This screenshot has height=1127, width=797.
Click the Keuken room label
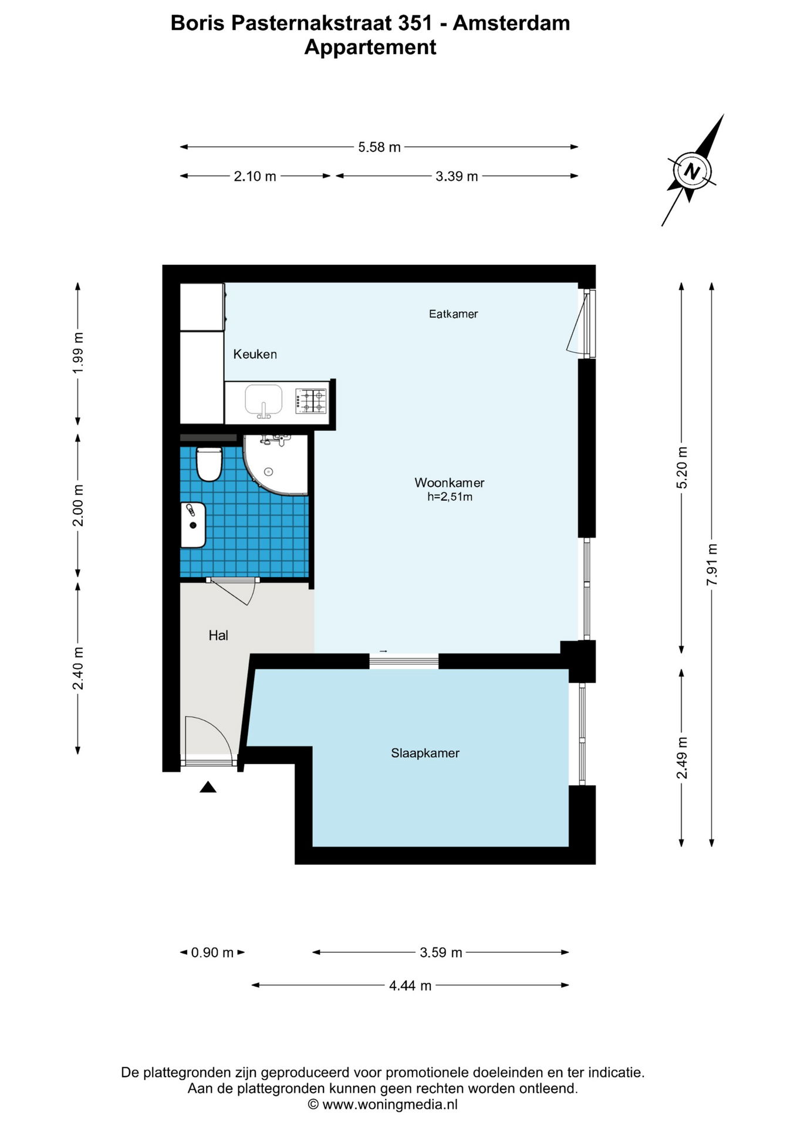(255, 354)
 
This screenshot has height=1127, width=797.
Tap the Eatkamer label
(453, 314)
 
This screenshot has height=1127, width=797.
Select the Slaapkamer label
(425, 753)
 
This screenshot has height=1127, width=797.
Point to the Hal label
(218, 635)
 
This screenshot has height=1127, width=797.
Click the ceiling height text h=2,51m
(450, 497)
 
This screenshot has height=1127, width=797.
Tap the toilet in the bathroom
(208, 464)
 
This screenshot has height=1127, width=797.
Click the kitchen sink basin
(264, 400)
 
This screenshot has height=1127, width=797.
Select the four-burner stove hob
(311, 401)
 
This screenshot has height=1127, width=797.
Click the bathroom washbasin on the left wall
(193, 525)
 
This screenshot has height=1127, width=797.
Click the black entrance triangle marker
(208, 787)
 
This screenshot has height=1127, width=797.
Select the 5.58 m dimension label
(379, 147)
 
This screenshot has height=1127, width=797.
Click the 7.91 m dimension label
(712, 564)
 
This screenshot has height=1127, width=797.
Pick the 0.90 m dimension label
(212, 953)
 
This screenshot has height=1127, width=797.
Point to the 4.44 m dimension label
(410, 986)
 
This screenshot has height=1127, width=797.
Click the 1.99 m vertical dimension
(78, 353)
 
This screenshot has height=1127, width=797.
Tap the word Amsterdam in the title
(511, 23)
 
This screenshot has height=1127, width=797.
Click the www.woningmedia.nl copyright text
(383, 1104)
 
